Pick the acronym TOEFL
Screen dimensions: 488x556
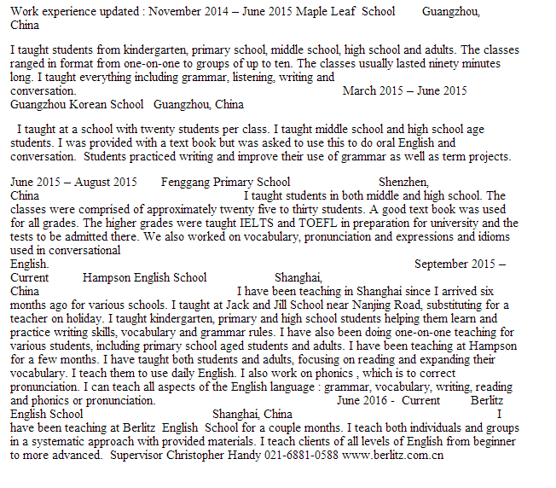(298, 223)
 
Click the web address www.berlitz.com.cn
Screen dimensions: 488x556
(393, 455)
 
